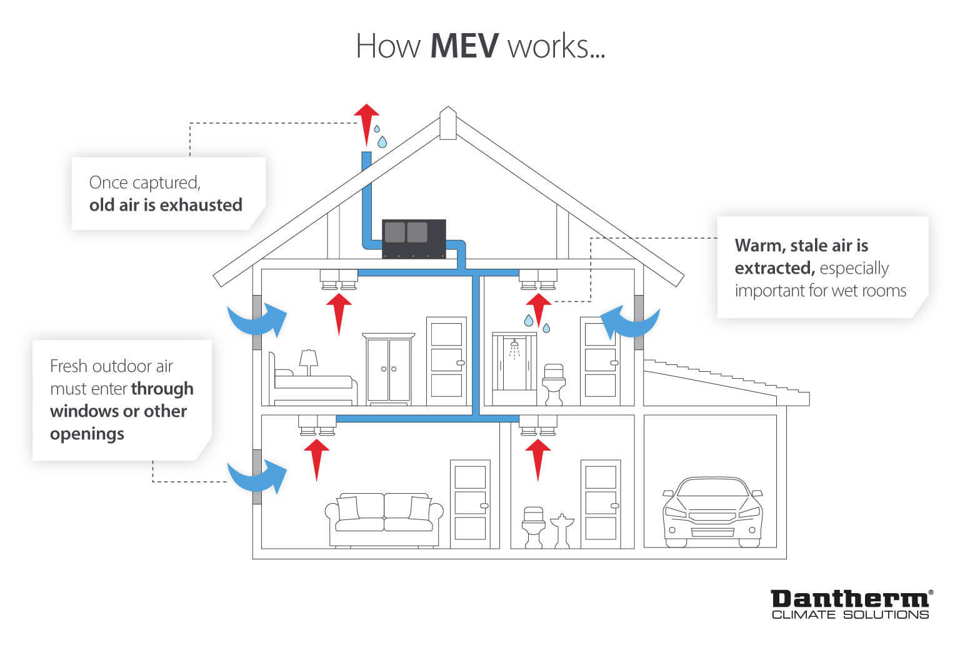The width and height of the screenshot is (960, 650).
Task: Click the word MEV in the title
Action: point(464,46)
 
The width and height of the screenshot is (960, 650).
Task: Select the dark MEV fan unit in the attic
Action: point(414,238)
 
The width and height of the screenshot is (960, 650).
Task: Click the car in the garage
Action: point(712,512)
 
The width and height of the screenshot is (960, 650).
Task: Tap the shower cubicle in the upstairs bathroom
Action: point(514,369)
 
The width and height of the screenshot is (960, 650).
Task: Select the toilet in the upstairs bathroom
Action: point(554,382)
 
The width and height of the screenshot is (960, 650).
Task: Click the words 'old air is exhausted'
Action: point(166,205)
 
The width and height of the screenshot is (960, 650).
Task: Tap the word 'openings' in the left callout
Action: point(87,434)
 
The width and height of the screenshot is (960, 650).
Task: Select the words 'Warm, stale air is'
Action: point(801,245)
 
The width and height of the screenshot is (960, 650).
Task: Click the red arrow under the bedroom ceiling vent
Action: point(339,313)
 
